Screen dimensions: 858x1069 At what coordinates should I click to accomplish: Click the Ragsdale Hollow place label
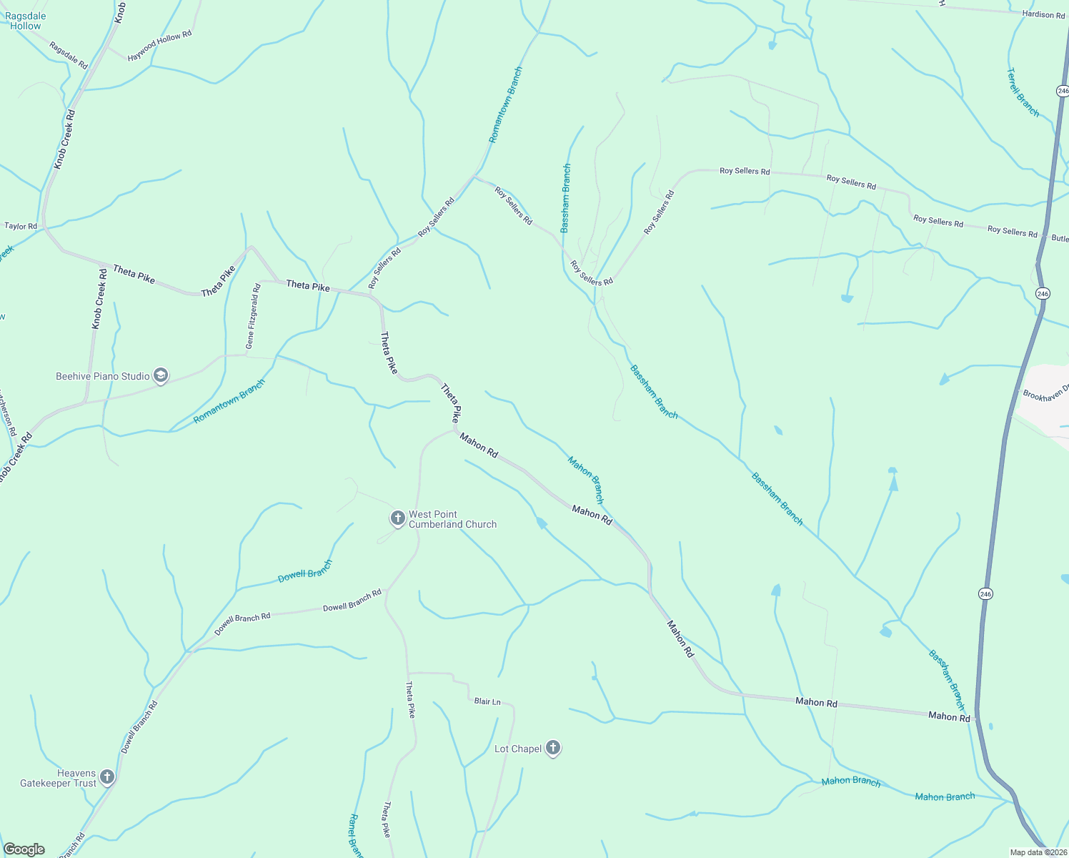(x=26, y=21)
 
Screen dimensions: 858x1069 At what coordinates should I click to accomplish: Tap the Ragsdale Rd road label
(x=68, y=55)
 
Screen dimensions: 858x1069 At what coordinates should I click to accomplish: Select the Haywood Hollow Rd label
(x=159, y=46)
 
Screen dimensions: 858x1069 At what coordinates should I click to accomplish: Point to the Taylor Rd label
(x=21, y=226)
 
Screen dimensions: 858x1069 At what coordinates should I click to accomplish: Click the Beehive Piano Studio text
(x=103, y=376)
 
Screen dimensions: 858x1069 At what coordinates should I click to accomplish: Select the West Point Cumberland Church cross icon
(x=397, y=518)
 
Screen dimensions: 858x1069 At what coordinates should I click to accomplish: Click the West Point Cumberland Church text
(x=452, y=519)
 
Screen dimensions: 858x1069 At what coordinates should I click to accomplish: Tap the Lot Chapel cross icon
(x=552, y=748)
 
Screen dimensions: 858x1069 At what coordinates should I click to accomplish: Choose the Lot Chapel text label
(x=518, y=749)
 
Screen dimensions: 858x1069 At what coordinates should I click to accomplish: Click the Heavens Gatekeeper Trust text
(x=58, y=778)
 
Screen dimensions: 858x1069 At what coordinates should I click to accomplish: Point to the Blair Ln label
(x=487, y=701)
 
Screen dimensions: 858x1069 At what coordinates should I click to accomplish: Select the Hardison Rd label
(x=1043, y=14)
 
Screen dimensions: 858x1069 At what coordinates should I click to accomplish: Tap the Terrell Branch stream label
(x=1023, y=92)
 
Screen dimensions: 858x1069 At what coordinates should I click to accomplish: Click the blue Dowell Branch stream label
(x=305, y=571)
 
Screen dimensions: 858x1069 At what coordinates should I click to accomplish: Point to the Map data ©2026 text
(x=1038, y=852)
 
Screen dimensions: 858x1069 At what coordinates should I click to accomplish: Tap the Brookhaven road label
(x=1046, y=393)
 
